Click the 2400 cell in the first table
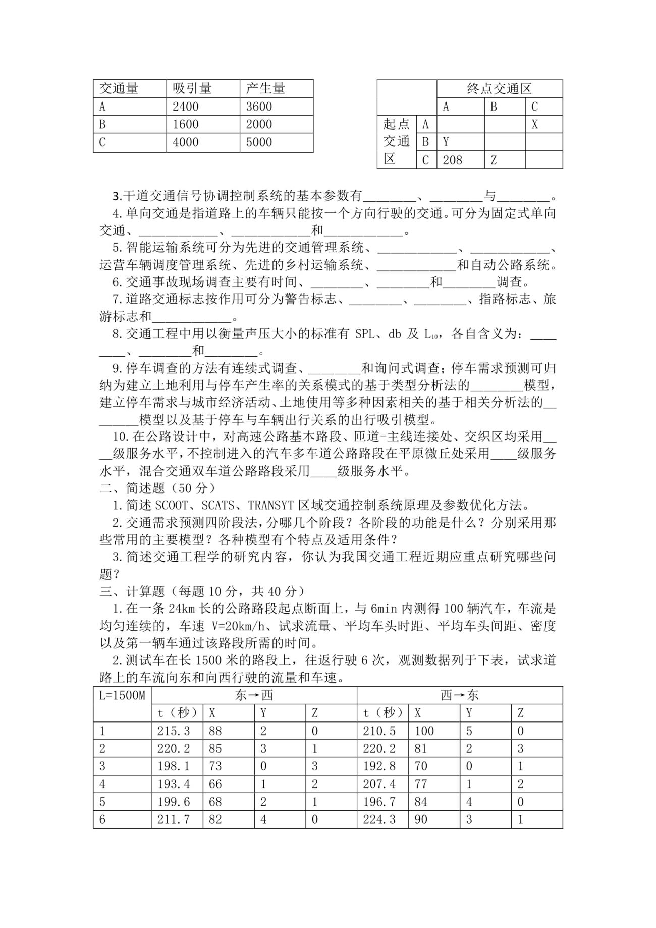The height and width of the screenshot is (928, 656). (x=186, y=107)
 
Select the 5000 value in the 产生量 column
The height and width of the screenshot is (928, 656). (x=259, y=142)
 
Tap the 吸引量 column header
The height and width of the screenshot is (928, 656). (x=192, y=89)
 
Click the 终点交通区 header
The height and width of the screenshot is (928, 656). (x=499, y=89)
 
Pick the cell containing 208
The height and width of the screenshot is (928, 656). (x=452, y=160)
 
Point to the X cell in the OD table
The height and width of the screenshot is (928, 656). (x=535, y=124)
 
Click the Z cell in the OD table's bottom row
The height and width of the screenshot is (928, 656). (x=494, y=160)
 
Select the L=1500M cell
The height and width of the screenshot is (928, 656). (x=122, y=695)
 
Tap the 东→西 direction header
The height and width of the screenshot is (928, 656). (x=254, y=695)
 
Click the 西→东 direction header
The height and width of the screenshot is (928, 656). (x=459, y=695)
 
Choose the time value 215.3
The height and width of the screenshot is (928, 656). (x=174, y=731)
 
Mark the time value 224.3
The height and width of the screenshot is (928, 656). (x=379, y=819)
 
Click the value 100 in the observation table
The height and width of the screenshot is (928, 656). (x=424, y=731)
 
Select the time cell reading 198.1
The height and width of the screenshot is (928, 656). (x=174, y=766)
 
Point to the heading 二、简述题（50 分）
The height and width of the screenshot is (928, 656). (x=158, y=488)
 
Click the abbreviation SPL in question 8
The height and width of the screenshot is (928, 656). (x=365, y=334)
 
